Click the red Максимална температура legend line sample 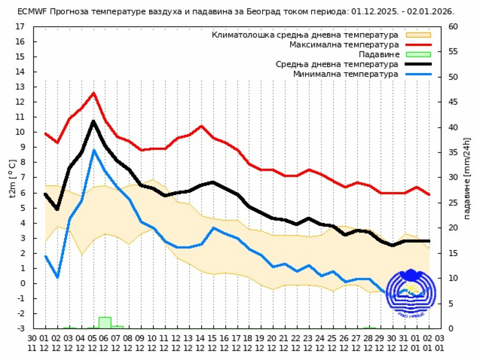pyautogui.click(x=418, y=45)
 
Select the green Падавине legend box pyautogui.click(x=418, y=54)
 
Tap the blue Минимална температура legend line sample pyautogui.click(x=418, y=74)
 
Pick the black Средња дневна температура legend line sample pyautogui.click(x=418, y=64)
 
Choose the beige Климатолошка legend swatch pyautogui.click(x=418, y=35)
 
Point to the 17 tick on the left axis pyautogui.click(x=20, y=26)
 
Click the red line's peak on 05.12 pyautogui.click(x=93, y=93)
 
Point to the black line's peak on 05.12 pyautogui.click(x=93, y=121)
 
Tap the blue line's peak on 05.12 pyautogui.click(x=93, y=150)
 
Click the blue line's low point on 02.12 pyautogui.click(x=57, y=277)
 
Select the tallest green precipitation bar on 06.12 pyautogui.click(x=105, y=323)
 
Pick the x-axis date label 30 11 pyautogui.click(x=33, y=342)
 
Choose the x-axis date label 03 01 pyautogui.click(x=440, y=342)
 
